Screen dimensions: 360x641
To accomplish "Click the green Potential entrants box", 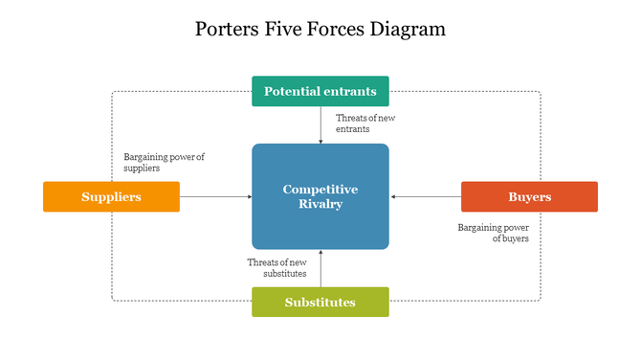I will pos(320,91).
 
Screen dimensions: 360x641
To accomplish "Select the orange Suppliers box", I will pos(111,196).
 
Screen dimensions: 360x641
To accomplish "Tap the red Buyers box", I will pos(529,196).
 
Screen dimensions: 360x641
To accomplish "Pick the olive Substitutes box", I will pos(320,302).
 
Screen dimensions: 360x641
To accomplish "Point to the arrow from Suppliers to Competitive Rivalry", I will pos(215,196).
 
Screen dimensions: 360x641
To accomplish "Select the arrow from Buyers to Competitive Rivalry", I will pos(426,196).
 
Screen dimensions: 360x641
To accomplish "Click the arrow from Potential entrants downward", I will pos(320,124).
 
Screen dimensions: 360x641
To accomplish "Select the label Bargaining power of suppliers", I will pos(165,162).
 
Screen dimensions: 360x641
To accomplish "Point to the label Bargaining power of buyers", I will pos(494,233).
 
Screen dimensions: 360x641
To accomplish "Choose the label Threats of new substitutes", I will pos(277,267).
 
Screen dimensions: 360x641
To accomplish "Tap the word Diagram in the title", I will pos(409,29).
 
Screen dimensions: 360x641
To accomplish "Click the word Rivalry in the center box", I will pos(320,204).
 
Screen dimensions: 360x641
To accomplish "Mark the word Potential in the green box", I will pos(292,92).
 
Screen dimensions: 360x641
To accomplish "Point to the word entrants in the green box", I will pos(350,92).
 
